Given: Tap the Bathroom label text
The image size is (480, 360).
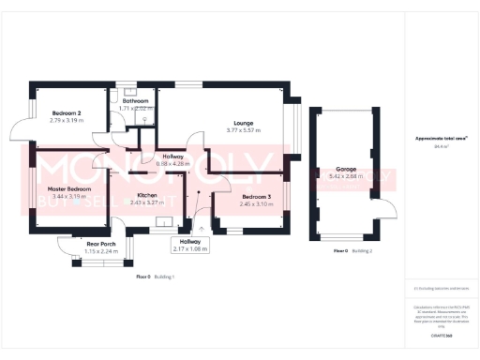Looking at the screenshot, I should (138, 101).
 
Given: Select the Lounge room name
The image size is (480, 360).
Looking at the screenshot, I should (244, 122).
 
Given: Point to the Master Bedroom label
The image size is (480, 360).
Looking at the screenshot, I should (69, 188).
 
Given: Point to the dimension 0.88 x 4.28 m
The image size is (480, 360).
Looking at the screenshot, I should (173, 163).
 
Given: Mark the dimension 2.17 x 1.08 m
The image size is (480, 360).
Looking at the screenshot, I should (189, 248).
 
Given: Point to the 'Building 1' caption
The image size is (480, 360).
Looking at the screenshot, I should (165, 277).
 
